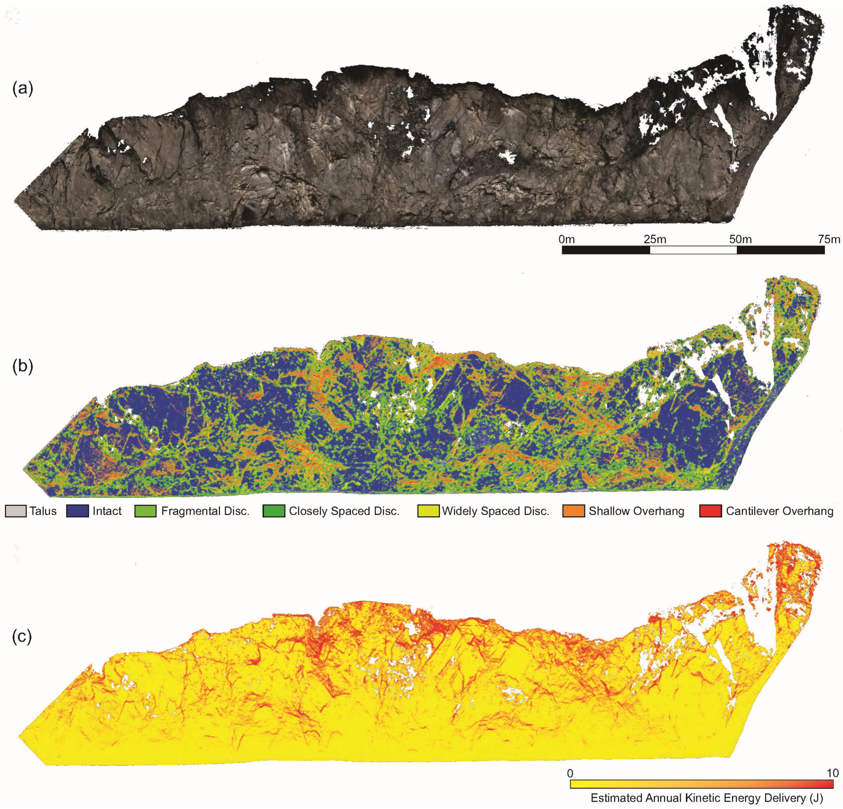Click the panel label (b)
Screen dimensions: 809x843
pos(22,366)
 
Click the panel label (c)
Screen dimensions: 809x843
pos(22,637)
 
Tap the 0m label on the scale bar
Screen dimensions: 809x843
pos(566,239)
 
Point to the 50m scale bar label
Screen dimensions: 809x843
pos(740,239)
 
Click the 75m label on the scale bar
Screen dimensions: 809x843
pos(828,239)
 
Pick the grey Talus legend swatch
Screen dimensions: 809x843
pos(15,511)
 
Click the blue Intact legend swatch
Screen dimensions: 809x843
pos(77,511)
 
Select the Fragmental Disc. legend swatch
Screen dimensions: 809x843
pos(145,511)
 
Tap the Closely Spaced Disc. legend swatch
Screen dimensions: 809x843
pos(274,511)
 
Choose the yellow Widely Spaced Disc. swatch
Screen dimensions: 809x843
pos(428,511)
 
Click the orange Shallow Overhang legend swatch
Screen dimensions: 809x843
pos(573,511)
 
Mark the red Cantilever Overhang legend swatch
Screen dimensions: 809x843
pos(711,511)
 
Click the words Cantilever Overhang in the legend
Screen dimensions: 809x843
pos(779,511)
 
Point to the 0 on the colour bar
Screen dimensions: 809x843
pos(570,773)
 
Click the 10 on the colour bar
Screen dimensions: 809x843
pos(832,773)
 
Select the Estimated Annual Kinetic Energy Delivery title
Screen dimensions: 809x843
pos(706,798)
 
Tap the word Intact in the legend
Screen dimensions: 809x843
pos(107,511)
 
